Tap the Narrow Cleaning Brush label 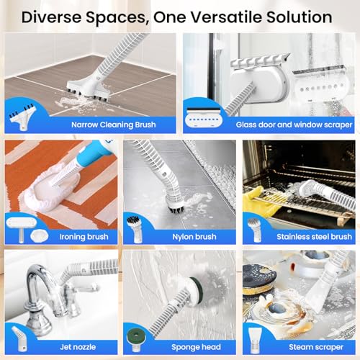114,125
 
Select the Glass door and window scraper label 294,125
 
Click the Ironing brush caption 84,237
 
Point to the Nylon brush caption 194,237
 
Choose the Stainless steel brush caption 314,237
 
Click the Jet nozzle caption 78,347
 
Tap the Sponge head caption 196,347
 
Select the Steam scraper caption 316,347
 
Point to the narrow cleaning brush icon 22,117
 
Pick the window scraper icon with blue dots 204,118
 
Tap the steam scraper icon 255,341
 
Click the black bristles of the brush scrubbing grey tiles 176,206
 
